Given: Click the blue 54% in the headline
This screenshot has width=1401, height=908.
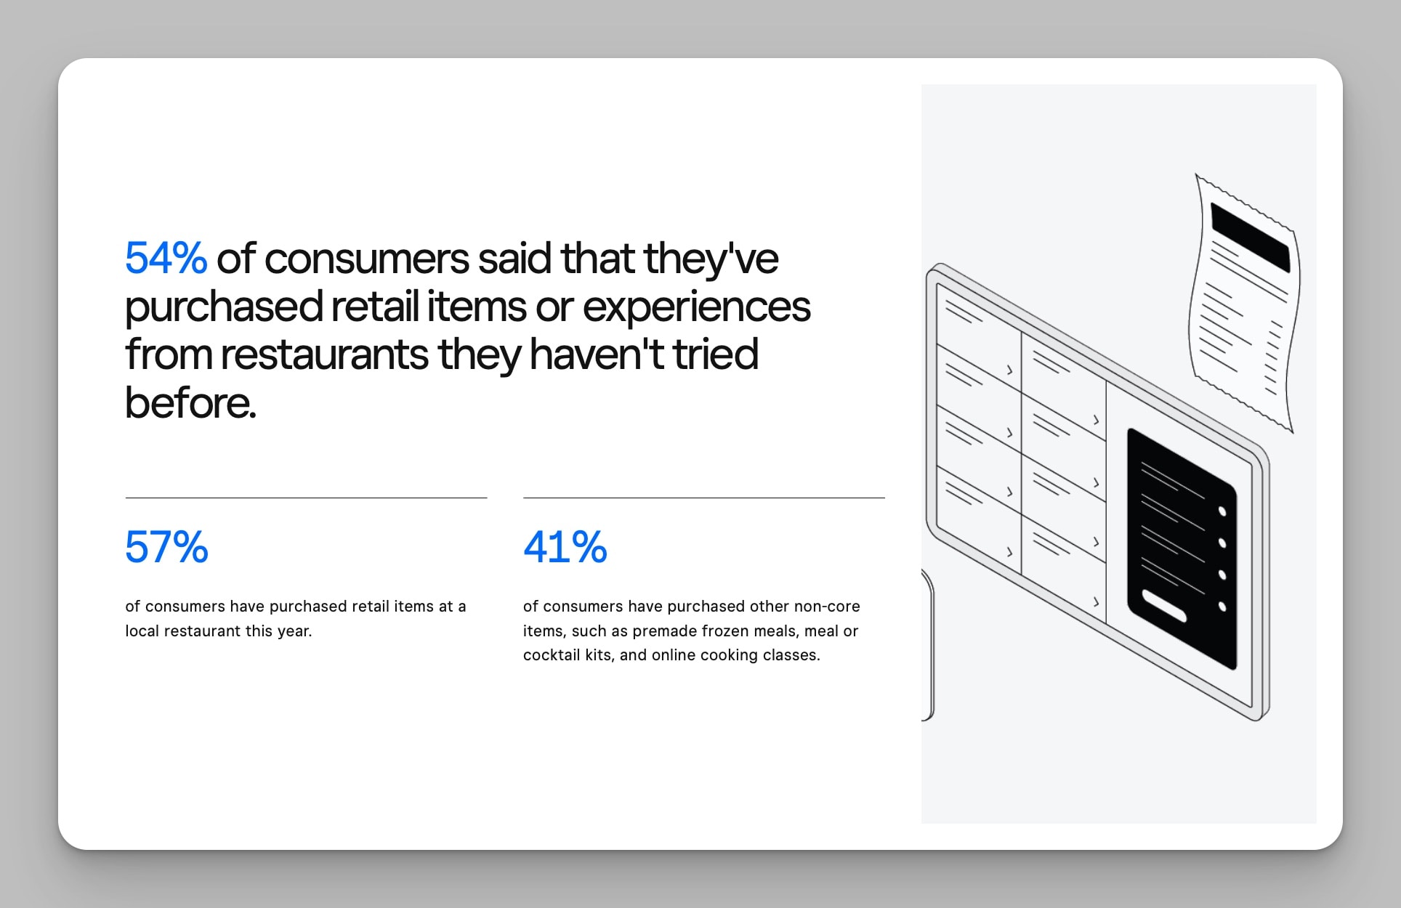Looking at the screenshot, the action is pyautogui.click(x=166, y=258).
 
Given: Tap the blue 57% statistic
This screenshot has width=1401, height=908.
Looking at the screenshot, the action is pyautogui.click(x=166, y=547).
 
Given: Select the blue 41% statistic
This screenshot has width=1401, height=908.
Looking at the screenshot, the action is pyautogui.click(x=565, y=547).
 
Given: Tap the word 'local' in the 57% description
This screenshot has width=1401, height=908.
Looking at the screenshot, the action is pyautogui.click(x=142, y=631).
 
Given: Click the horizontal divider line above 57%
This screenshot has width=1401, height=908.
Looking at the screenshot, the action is pyautogui.click(x=306, y=498).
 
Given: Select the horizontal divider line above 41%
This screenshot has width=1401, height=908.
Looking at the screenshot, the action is pyautogui.click(x=704, y=498).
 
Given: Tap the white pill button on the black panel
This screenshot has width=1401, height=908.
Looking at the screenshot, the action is pyautogui.click(x=1164, y=605).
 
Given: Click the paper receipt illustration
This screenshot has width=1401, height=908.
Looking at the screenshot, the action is pyautogui.click(x=1244, y=303).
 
